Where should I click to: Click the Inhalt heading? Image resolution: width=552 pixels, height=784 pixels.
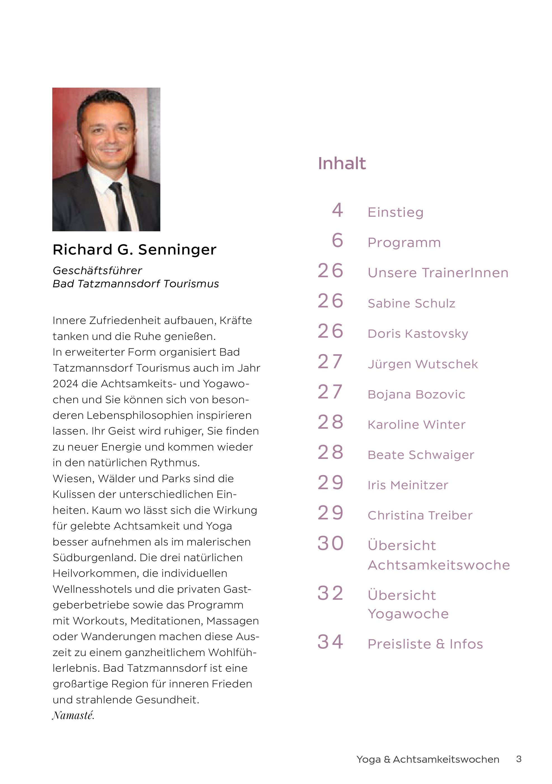pyautogui.click(x=342, y=164)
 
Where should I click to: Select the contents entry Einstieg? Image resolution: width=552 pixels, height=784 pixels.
pyautogui.click(x=395, y=213)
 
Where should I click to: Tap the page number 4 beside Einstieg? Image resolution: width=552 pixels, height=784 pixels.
pyautogui.click(x=337, y=210)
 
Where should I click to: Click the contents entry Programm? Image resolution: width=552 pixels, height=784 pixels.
pyautogui.click(x=404, y=243)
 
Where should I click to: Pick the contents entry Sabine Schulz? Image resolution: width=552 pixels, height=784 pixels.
pyautogui.click(x=411, y=303)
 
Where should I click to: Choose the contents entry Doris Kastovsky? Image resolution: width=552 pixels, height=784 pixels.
pyautogui.click(x=418, y=333)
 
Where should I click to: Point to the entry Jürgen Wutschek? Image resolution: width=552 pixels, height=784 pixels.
pyautogui.click(x=423, y=364)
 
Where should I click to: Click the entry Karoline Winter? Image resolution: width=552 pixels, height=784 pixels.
pyautogui.click(x=416, y=425)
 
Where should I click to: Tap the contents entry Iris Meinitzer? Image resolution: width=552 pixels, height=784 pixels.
pyautogui.click(x=408, y=485)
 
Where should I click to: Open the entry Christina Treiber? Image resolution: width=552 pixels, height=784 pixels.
pyautogui.click(x=420, y=515)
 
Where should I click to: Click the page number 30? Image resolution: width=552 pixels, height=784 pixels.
pyautogui.click(x=330, y=543)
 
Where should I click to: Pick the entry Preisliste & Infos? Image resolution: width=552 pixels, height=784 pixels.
pyautogui.click(x=425, y=644)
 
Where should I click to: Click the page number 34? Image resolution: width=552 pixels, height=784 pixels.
pyautogui.click(x=330, y=642)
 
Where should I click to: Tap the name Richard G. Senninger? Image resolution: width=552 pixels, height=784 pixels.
pyautogui.click(x=134, y=249)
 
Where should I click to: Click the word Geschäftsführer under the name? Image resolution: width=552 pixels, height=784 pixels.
pyautogui.click(x=97, y=270)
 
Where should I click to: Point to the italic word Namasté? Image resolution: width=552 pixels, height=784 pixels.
pyautogui.click(x=73, y=715)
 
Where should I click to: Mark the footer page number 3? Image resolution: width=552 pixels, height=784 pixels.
pyautogui.click(x=518, y=759)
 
